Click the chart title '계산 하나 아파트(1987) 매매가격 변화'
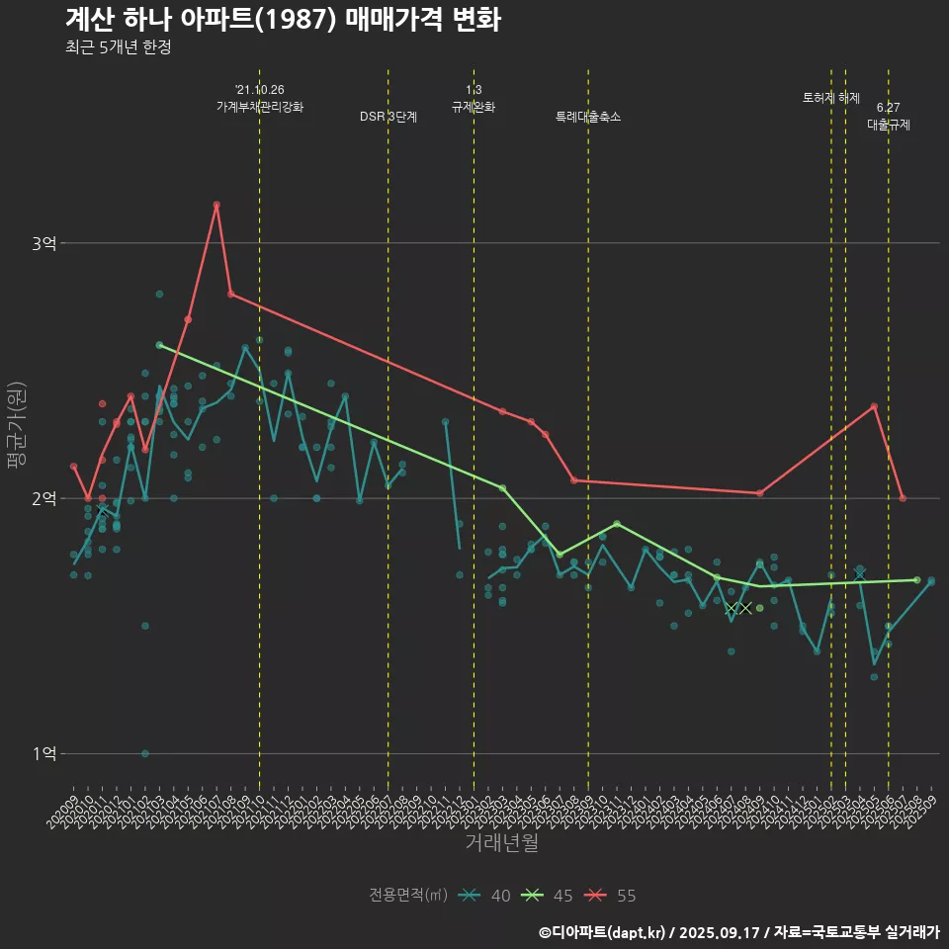click(x=282, y=20)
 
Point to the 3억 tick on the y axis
click(x=44, y=243)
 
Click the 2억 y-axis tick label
click(x=44, y=498)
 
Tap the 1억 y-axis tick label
click(x=44, y=753)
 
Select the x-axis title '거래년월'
click(x=501, y=843)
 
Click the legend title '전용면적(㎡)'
click(x=407, y=896)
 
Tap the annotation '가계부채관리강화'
click(x=260, y=107)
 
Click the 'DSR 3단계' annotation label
click(x=388, y=117)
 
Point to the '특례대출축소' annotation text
click(x=588, y=117)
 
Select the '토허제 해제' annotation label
click(x=831, y=98)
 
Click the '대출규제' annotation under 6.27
click(x=889, y=126)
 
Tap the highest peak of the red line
click(x=216, y=205)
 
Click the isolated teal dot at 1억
click(x=145, y=753)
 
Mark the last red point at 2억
click(x=903, y=498)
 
